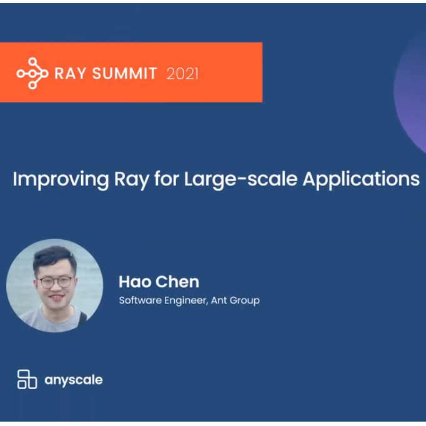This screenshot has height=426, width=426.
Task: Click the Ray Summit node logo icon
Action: pos(32,73)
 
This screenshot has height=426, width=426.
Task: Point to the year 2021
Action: pos(182,74)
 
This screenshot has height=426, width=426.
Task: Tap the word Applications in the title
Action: pos(361,180)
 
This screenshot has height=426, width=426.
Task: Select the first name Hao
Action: pos(135,282)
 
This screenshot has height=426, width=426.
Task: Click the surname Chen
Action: pos(178,282)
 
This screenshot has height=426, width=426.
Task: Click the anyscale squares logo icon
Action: pos(27,379)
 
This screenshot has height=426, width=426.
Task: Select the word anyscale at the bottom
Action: pos(74,380)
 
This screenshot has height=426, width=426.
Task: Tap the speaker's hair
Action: pos(54,257)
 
